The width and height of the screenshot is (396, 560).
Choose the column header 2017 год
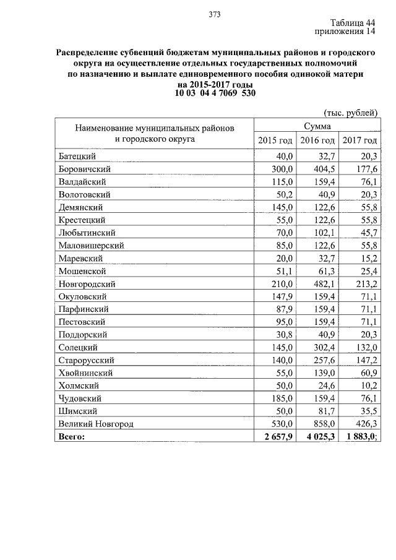[x=359, y=140]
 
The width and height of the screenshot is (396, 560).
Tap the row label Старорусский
[x=87, y=360]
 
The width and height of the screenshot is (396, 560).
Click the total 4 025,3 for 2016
[x=318, y=437]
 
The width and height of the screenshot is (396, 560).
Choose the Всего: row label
[x=72, y=437]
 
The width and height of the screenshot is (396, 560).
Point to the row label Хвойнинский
[x=86, y=373]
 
